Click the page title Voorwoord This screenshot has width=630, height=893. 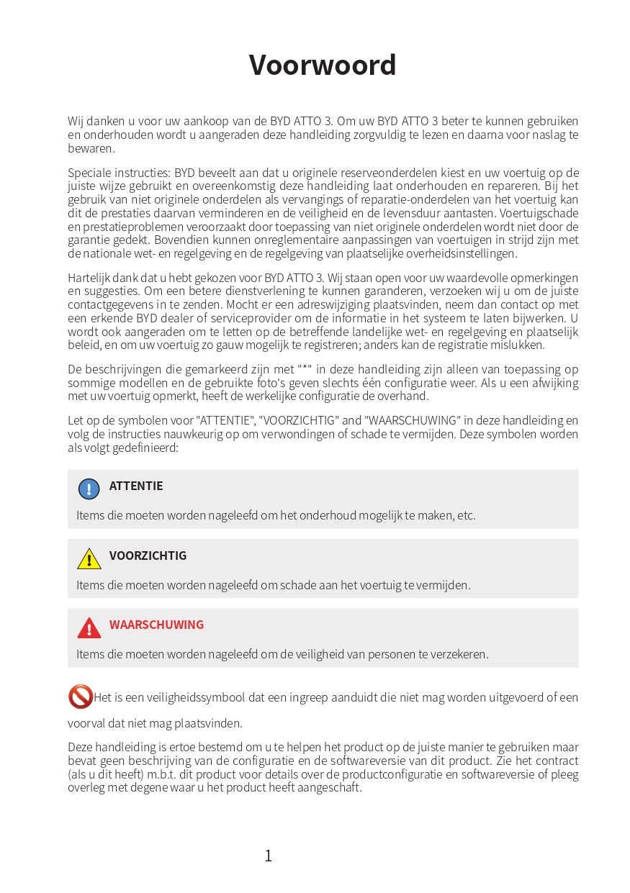(323, 65)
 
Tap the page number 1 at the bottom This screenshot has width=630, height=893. (269, 856)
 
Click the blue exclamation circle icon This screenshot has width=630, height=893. (89, 489)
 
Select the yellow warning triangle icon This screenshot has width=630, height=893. (89, 559)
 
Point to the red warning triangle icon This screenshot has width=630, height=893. (89, 628)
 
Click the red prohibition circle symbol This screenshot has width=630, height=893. (81, 697)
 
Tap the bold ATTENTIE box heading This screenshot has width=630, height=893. (136, 486)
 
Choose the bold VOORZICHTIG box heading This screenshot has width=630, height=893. (148, 556)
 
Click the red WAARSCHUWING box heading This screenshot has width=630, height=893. (156, 625)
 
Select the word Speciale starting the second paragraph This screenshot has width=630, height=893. (88, 173)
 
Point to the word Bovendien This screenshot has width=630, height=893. (179, 240)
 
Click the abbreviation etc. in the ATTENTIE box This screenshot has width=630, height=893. (467, 515)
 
